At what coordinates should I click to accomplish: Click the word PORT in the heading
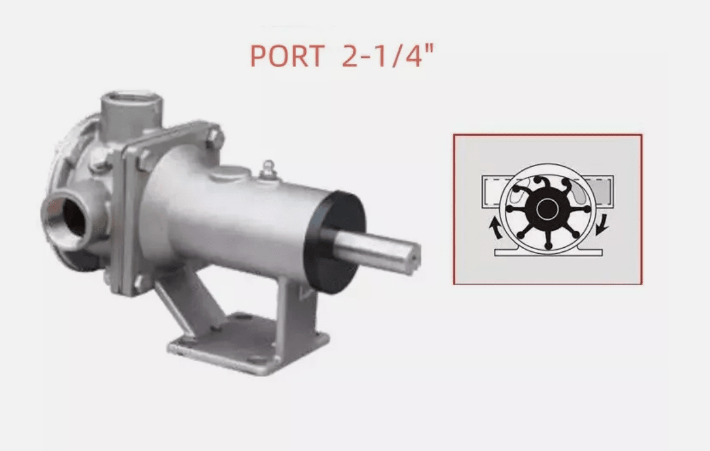click(x=287, y=56)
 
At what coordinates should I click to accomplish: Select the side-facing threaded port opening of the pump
click(x=68, y=217)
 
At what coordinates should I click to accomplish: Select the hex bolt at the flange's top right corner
click(x=216, y=137)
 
